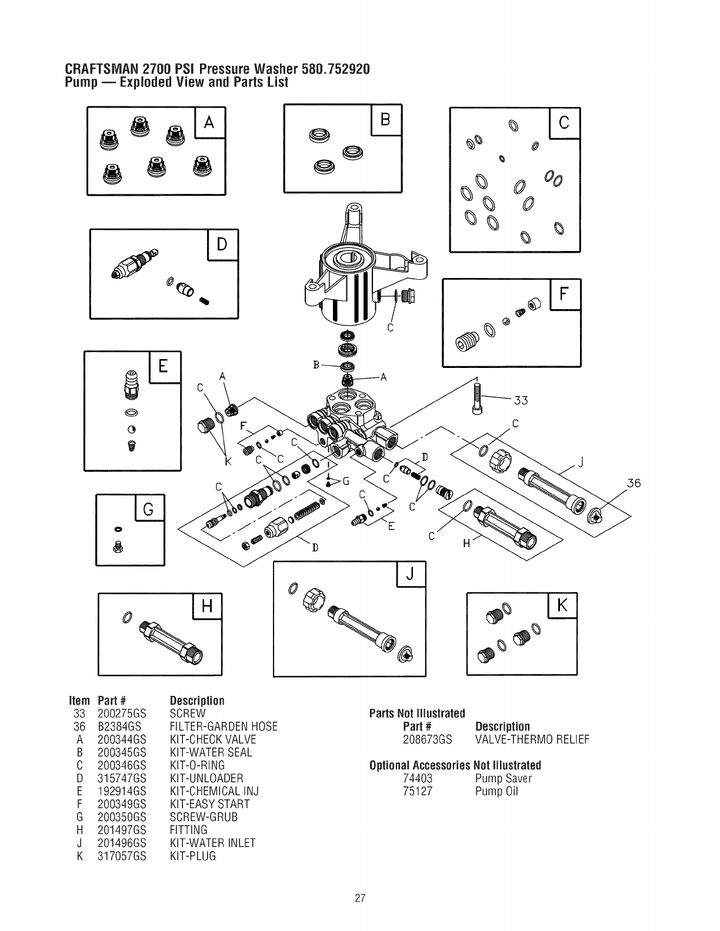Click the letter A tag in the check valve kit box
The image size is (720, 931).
click(210, 123)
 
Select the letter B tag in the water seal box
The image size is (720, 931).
click(385, 120)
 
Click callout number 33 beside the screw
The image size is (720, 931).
click(521, 401)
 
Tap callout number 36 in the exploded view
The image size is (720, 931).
click(633, 484)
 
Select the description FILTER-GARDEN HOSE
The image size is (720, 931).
click(223, 726)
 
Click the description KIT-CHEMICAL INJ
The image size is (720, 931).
click(214, 791)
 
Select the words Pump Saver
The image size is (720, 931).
click(503, 778)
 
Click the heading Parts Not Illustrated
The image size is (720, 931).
click(417, 714)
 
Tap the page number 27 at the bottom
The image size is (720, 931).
click(361, 898)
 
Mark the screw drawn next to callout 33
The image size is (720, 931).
click(477, 397)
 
